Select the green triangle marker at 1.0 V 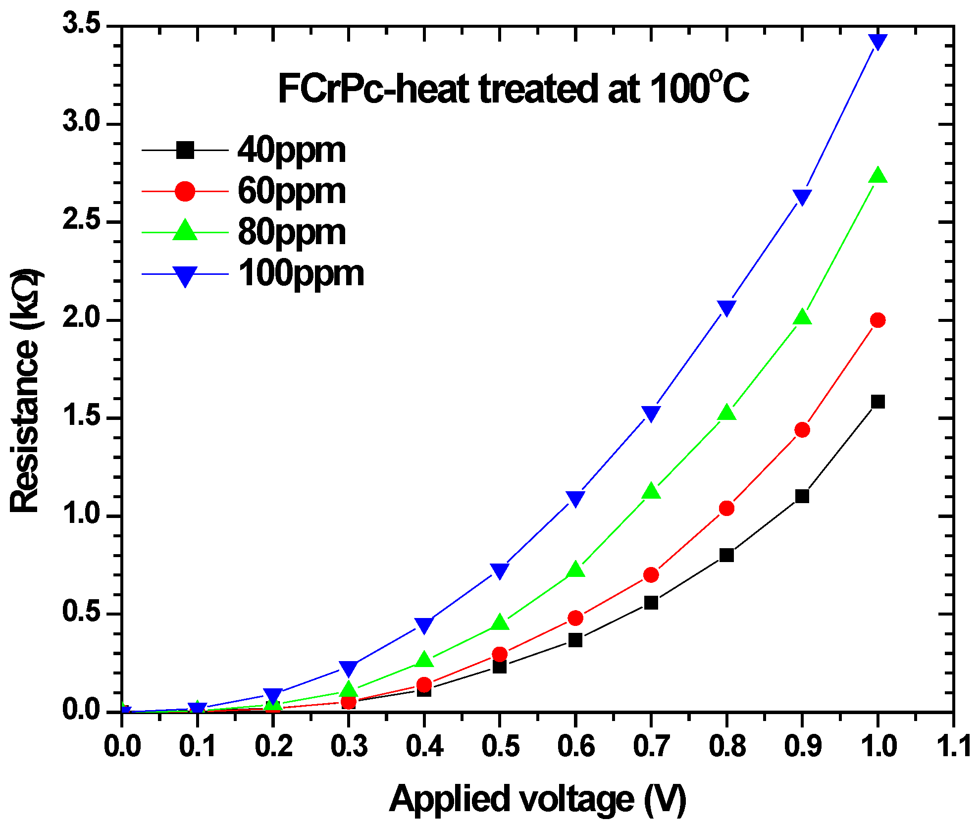878,176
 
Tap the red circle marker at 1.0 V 877,320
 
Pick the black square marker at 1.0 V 877,402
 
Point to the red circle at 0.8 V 726,508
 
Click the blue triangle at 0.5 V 500,570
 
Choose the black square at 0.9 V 802,496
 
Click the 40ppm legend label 292,150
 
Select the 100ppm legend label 301,274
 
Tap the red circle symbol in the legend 185,191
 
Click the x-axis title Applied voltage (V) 537,798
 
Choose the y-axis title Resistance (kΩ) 25,391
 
